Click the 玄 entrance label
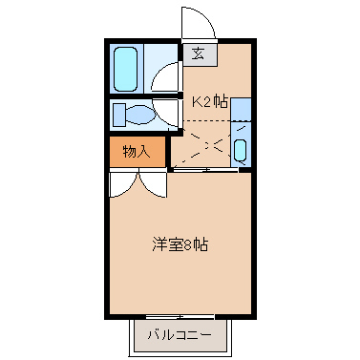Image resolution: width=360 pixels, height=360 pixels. coord(199,53)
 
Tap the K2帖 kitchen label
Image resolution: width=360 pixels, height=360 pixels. coord(210,101)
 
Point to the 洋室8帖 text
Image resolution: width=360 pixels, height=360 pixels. coord(180,244)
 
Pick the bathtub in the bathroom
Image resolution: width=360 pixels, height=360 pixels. coord(126,68)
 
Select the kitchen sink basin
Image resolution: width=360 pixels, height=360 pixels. coord(241,151)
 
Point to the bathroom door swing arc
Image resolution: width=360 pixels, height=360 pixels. coord(168,76)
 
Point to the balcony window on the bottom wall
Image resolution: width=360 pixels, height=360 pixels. coord(180,317)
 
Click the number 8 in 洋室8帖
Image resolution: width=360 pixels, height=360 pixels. coord(187,244)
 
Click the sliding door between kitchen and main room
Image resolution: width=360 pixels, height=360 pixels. coord(205,170)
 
